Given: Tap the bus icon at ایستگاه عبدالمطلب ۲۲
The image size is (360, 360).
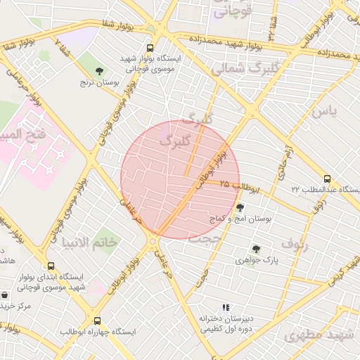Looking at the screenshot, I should point(327,179).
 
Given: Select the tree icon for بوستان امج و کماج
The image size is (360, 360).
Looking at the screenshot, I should point(240,207).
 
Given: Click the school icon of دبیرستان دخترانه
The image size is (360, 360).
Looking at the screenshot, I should point(226,307).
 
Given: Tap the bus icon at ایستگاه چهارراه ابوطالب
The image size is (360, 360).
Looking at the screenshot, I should point(97,321).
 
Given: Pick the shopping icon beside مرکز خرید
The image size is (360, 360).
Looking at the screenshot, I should point(5,295).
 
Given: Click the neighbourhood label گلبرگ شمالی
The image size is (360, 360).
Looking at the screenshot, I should point(236,69).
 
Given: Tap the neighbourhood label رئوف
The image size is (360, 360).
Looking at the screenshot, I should point(295,244).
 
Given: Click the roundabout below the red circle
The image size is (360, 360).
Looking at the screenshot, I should point(152,242).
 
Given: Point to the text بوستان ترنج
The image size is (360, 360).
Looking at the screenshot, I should point(103,83).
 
